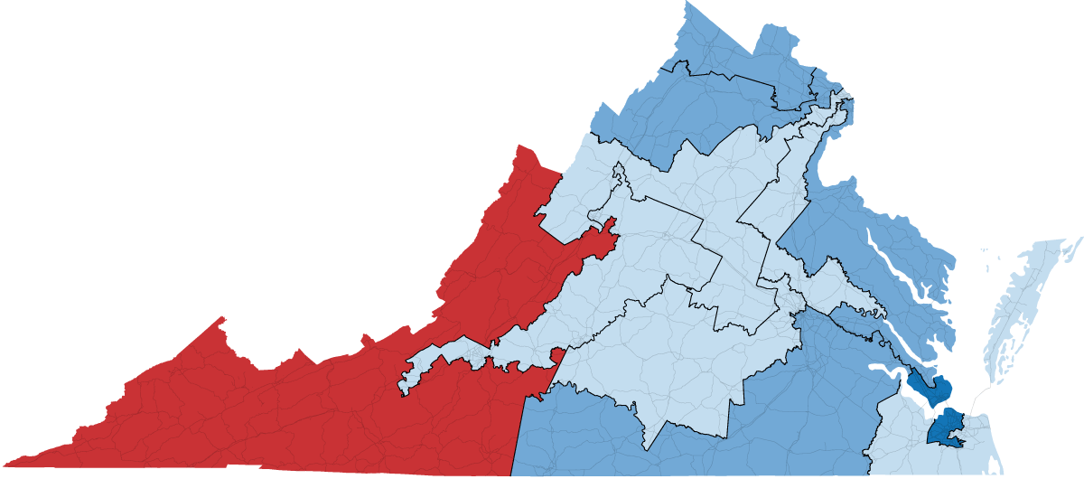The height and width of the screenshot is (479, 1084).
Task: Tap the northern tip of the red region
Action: (x=520, y=146)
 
